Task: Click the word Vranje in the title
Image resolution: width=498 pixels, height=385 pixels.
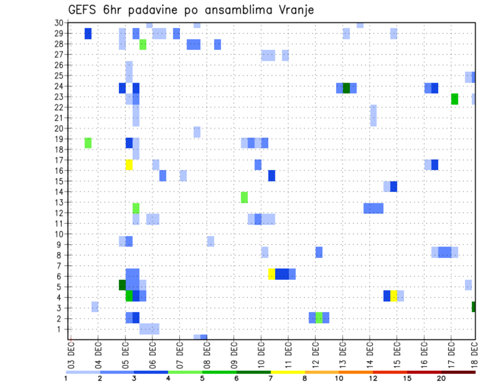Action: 296,10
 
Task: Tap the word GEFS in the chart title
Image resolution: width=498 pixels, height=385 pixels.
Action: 85,10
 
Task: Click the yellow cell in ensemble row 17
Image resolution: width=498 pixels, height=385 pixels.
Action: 129,164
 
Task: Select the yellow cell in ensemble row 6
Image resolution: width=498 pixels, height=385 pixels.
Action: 271,274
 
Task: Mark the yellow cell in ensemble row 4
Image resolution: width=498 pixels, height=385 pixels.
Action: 394,296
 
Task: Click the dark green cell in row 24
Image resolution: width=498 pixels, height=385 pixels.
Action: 347,88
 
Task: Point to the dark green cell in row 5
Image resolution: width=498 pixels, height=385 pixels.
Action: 122,285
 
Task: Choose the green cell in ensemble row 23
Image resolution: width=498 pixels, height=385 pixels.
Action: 454,99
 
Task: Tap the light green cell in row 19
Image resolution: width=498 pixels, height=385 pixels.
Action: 88,143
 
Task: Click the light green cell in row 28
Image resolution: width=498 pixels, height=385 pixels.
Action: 143,44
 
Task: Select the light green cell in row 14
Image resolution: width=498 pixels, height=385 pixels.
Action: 244,197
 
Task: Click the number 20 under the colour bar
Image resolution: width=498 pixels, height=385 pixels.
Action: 441,378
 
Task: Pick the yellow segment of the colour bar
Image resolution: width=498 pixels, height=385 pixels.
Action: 288,372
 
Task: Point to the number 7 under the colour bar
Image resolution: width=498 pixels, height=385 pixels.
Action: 271,378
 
